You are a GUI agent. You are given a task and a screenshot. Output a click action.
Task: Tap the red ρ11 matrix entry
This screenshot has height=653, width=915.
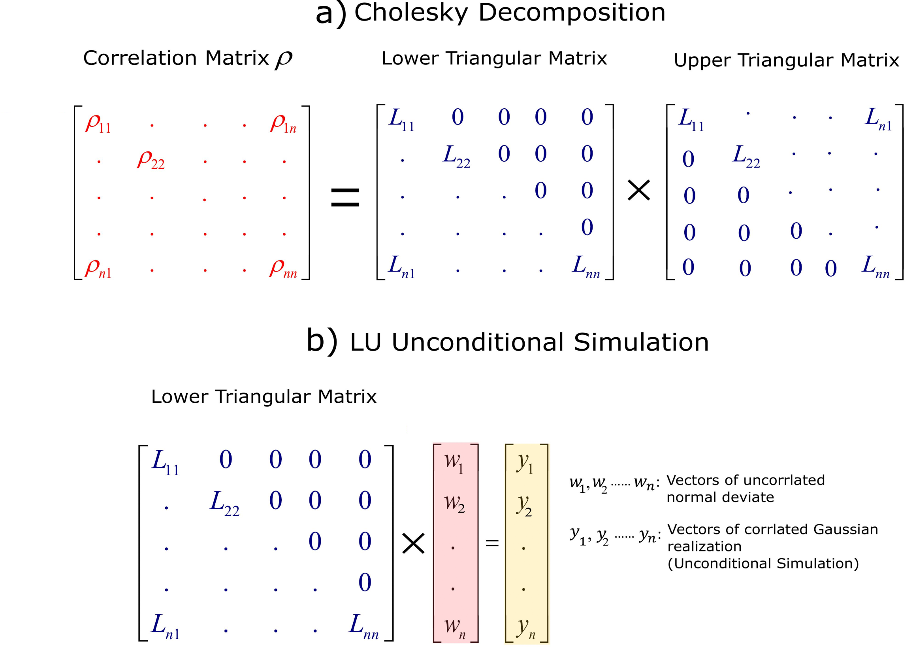point(98,123)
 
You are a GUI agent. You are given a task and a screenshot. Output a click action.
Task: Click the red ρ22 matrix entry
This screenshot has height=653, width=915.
point(151,160)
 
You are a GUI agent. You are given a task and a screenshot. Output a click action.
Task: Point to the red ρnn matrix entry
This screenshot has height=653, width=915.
point(283,268)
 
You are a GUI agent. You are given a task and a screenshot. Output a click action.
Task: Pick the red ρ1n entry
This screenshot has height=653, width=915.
point(283,123)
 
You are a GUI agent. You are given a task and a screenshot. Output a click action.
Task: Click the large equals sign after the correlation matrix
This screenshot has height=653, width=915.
point(345,197)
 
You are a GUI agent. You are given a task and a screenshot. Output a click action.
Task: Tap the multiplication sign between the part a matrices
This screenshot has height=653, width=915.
point(638,190)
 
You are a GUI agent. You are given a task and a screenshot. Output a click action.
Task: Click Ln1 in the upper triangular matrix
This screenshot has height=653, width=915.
point(878,119)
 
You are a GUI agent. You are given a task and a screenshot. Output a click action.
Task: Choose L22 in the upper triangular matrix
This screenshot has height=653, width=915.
point(746,156)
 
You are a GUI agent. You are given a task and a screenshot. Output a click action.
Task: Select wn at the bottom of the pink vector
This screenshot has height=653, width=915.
point(454,627)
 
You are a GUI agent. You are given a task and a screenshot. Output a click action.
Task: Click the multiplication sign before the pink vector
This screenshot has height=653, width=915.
point(413,544)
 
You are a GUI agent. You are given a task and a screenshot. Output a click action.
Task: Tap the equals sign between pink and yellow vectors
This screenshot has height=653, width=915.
point(492,544)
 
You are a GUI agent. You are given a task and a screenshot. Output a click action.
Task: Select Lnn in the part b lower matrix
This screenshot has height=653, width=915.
point(363,626)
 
